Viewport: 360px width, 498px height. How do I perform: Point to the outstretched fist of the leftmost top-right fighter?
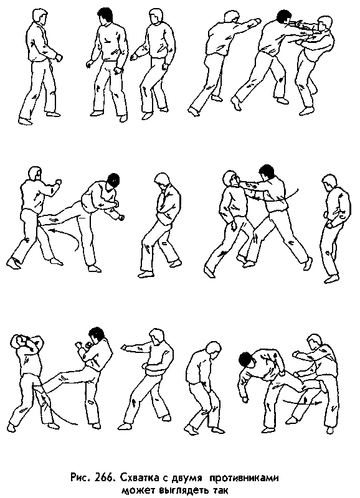click(x=253, y=22)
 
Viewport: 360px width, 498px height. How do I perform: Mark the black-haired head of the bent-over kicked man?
click(x=245, y=359)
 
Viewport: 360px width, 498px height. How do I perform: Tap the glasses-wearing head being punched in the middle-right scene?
click(x=232, y=180)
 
